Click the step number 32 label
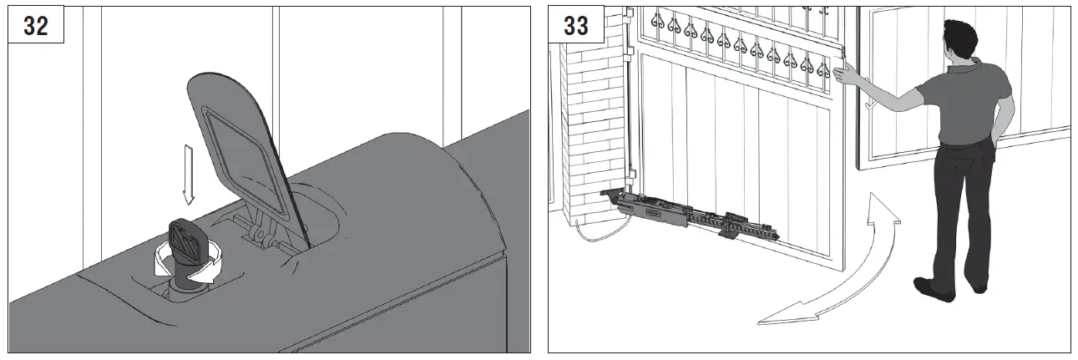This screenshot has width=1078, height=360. coord(36,26)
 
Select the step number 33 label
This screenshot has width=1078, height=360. coord(576,26)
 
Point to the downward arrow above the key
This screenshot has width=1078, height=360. coord(188,174)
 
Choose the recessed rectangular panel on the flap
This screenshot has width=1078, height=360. coord(237,146)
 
